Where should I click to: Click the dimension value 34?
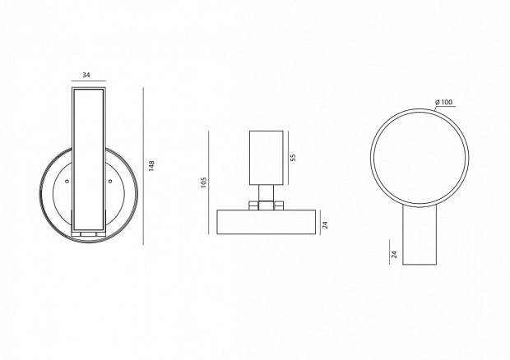tap(86, 75)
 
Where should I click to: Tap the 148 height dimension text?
tap(151, 166)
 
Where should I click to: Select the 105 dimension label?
tap(204, 183)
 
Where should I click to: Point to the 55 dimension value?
tap(293, 158)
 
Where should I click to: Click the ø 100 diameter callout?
tap(443, 102)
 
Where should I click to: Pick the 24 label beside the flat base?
tap(325, 224)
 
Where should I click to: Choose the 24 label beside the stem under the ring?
tap(395, 254)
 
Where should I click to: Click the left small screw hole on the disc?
tap(67, 182)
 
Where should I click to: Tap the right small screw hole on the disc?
tap(110, 182)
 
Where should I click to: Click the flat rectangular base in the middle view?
tap(266, 222)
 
